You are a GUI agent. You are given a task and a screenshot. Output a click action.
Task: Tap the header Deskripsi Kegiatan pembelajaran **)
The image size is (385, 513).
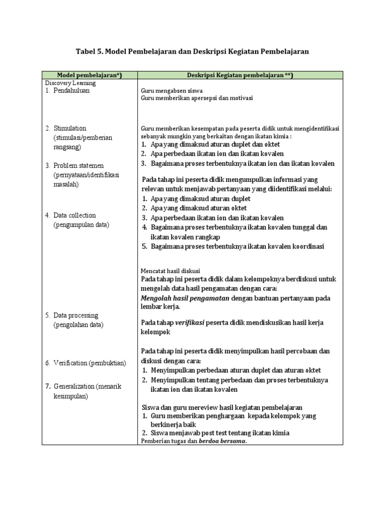tap(240, 75)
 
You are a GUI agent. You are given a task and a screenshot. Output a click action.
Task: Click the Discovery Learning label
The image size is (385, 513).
tap(70, 83)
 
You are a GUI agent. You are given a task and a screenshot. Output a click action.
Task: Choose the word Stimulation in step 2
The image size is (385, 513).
tap(70, 128)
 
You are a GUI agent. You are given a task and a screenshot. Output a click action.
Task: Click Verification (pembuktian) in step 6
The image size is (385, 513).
tap(90, 362)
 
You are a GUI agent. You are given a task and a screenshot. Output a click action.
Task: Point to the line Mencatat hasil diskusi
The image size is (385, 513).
tap(170, 271)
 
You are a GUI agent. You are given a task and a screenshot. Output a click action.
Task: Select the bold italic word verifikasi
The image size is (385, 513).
tap(189, 323)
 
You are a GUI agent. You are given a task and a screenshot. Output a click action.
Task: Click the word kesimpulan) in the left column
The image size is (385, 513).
tap(70, 396)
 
